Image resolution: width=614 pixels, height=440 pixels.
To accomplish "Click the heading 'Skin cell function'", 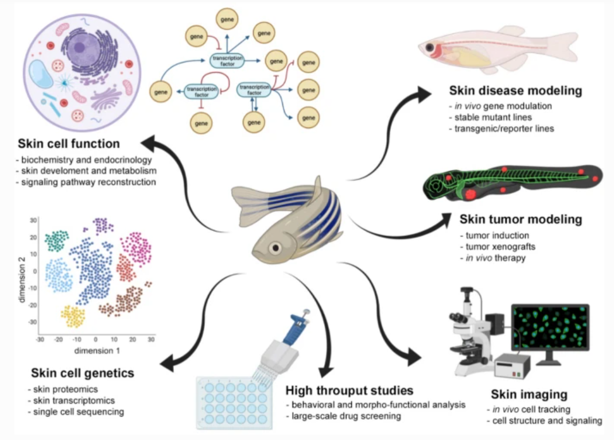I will click(x=69, y=143).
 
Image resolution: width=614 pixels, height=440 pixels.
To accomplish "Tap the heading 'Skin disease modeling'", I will click(x=516, y=91).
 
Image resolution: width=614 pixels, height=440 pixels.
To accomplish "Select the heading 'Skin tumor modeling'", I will click(x=520, y=219).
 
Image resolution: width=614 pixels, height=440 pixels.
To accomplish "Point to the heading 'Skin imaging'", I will click(x=529, y=395).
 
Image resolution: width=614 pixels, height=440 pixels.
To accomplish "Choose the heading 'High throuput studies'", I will click(x=349, y=391).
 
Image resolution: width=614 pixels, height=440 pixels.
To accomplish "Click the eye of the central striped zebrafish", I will click(x=277, y=248).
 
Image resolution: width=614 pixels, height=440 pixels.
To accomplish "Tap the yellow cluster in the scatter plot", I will click(x=73, y=317).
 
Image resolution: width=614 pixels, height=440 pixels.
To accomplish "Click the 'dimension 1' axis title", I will click(x=96, y=351).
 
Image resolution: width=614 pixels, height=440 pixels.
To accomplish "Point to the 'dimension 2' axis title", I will click(x=21, y=274).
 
